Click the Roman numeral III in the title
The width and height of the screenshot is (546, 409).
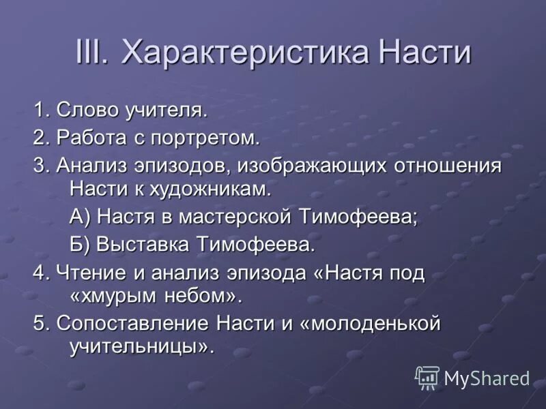93,52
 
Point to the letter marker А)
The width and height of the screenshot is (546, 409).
81,217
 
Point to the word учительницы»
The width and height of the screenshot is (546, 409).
143,346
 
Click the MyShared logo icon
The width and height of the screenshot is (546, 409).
427,377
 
